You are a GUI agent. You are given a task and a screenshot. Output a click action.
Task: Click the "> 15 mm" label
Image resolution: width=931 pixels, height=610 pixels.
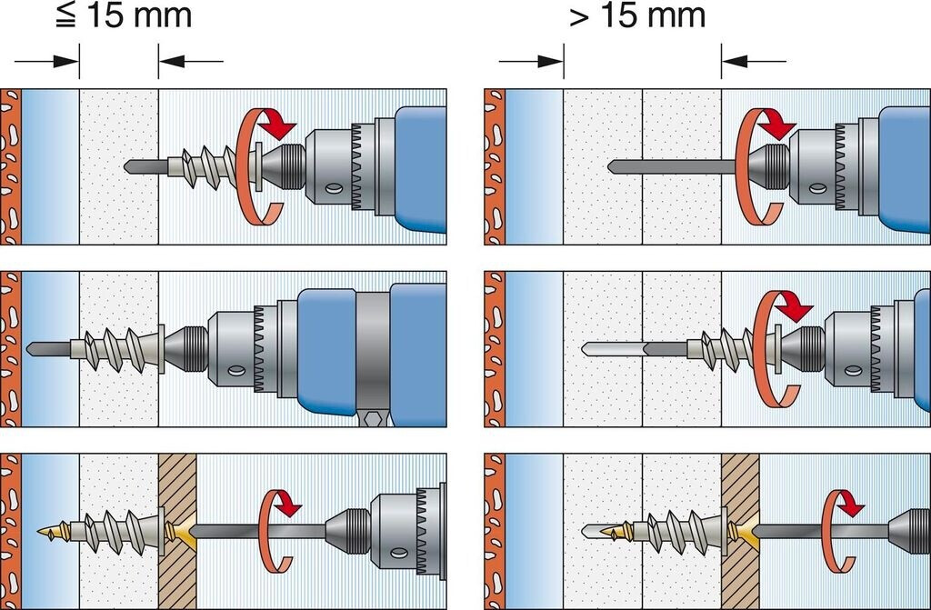(637, 15)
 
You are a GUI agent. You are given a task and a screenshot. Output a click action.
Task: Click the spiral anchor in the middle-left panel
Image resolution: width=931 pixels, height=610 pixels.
(118, 348)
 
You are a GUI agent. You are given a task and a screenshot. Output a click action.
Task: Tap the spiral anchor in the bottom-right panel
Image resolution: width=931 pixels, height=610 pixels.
(677, 531)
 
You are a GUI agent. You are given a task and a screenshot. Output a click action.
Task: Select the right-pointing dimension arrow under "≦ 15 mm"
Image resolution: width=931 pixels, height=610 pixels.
(50, 62)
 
